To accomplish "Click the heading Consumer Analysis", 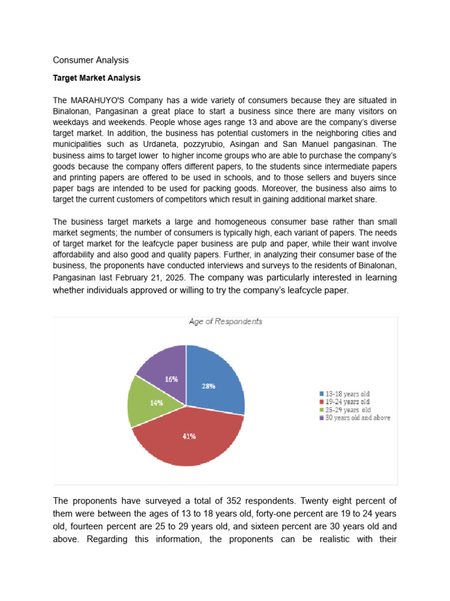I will pos(90,60).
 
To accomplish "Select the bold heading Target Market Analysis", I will pos(97,77).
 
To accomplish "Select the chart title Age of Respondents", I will pos(225,322).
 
